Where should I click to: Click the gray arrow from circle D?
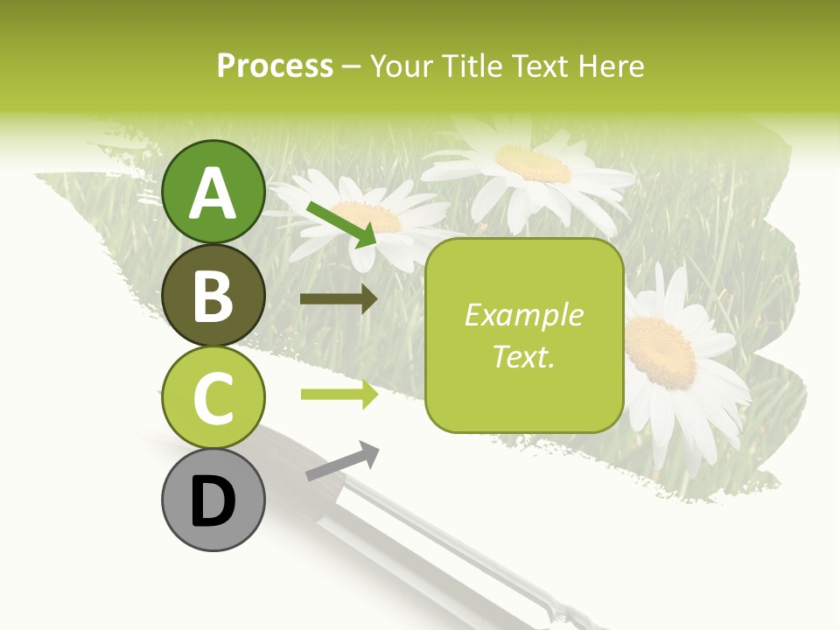342,461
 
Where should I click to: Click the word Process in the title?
275,66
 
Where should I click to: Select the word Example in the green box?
523,315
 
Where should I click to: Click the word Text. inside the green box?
523,356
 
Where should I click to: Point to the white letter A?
213,192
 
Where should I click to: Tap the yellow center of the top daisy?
534,163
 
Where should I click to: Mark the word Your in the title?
401,66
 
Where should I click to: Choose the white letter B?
213,296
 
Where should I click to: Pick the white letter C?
213,398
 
